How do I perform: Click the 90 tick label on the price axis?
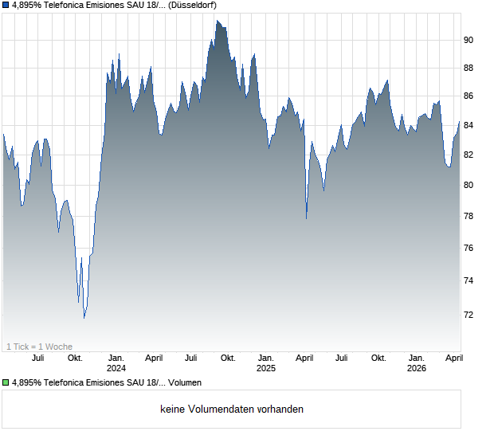click(469, 40)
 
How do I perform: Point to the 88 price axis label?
click(469, 68)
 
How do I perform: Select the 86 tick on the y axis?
click(469, 96)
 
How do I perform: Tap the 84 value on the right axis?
click(469, 125)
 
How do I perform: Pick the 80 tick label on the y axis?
click(469, 185)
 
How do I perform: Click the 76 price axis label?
click(469, 248)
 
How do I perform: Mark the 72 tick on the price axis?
click(469, 315)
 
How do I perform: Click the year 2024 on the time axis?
click(116, 368)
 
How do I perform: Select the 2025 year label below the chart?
click(266, 368)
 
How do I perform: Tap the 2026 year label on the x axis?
click(417, 368)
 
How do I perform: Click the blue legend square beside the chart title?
click(6, 6)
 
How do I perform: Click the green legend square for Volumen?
click(6, 383)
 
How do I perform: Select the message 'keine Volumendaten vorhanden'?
click(232, 410)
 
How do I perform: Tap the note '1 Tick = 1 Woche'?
click(39, 347)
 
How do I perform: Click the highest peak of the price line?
click(217, 22)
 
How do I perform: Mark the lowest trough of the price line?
click(84, 318)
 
